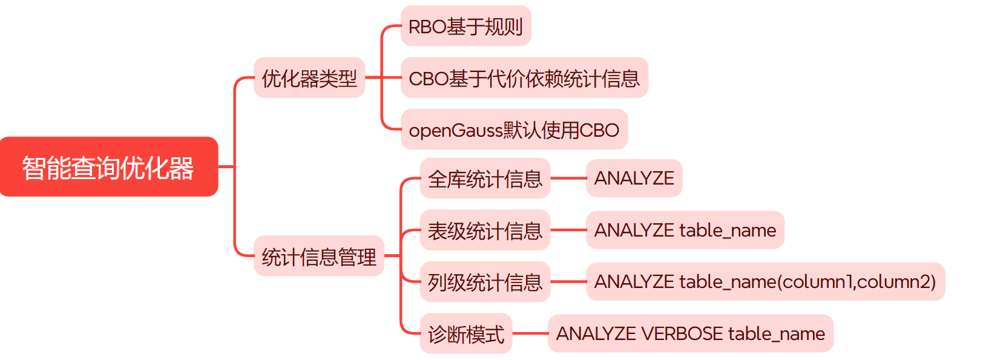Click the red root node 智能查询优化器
[108, 167]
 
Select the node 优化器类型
[309, 78]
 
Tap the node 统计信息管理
[319, 257]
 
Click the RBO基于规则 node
[465, 26]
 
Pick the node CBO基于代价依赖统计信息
[524, 78]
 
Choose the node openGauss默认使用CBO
[514, 129]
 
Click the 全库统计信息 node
[485, 178]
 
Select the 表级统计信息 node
[485, 231]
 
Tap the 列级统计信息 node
[485, 282]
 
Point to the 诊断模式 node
[466, 333]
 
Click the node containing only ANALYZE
[634, 178]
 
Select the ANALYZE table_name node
[685, 231]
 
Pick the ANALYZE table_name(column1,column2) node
[765, 282]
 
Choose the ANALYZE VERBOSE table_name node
[690, 333]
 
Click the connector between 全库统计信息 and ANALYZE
[568, 178]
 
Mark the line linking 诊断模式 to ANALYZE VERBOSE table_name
[530, 333]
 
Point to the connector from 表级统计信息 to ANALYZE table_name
[568, 231]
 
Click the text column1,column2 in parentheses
[856, 282]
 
